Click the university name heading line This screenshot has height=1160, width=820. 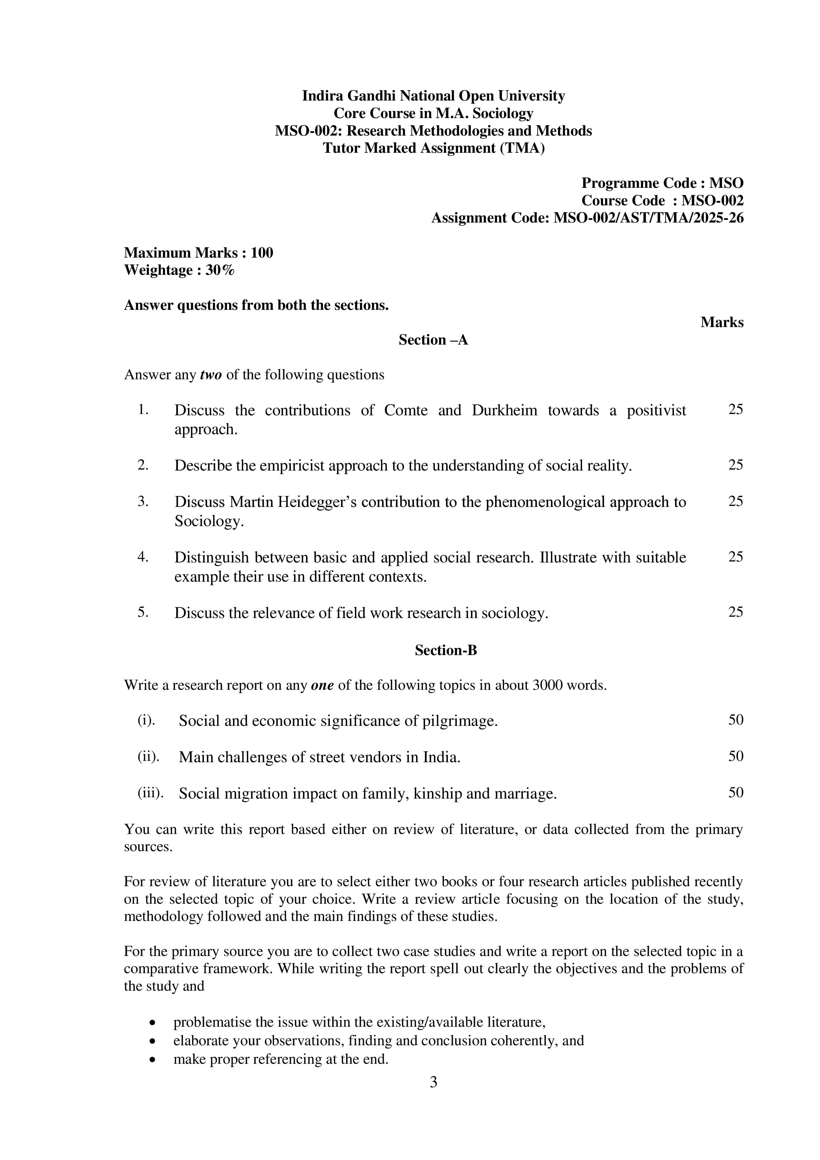coord(433,96)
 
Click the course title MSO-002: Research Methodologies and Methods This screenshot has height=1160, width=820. coord(433,131)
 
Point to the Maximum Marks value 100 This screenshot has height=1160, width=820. coord(261,253)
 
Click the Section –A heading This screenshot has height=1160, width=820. coord(433,340)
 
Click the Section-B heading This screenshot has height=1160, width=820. coord(445,650)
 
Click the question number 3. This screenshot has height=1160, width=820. coord(143,501)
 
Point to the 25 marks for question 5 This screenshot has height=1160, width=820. coord(735,612)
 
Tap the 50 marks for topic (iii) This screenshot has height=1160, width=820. coord(735,792)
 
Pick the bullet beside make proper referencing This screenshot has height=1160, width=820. coord(152,1059)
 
